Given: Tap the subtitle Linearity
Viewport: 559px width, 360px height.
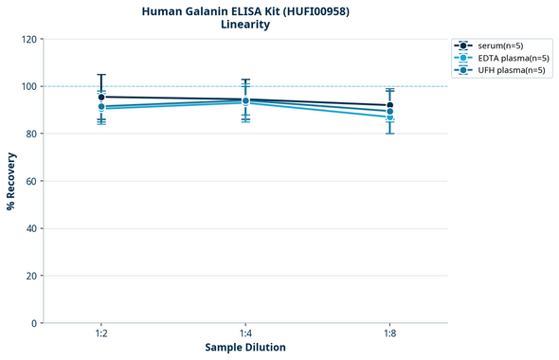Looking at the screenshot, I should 245,25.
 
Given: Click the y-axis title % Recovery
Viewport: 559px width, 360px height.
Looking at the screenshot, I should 11,181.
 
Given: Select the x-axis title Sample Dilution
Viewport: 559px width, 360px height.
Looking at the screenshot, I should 245,348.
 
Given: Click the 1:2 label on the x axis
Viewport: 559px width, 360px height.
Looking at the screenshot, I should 101,334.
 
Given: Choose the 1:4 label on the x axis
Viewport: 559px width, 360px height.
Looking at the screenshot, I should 245,334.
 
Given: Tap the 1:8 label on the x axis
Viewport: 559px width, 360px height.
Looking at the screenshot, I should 389,334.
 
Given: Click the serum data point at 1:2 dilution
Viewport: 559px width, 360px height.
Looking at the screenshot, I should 101,97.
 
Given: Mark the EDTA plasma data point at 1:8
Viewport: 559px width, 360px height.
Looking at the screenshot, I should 389,117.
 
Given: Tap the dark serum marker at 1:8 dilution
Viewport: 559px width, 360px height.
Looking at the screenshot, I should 389,105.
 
